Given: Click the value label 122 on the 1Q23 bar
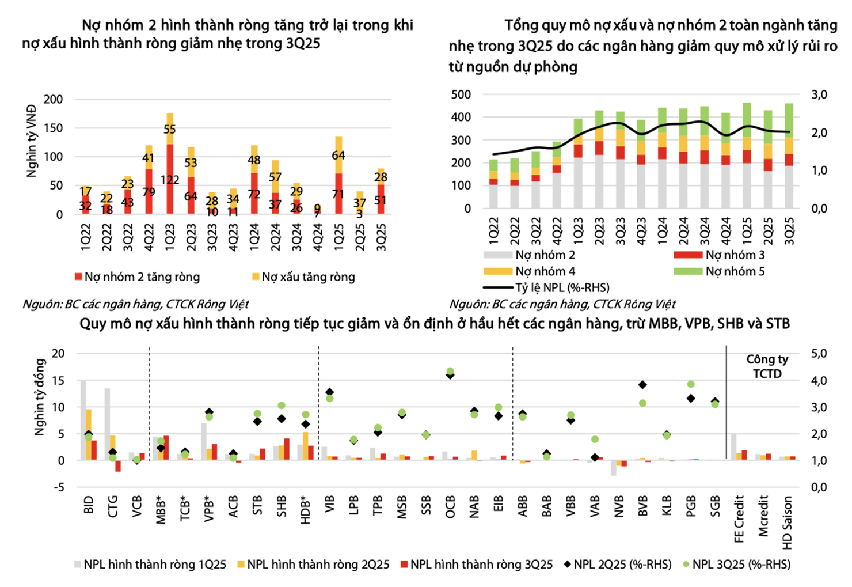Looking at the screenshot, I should [x=170, y=180].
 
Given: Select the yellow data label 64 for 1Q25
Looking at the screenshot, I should [x=338, y=155].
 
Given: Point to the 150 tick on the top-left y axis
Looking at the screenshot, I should [x=54, y=128].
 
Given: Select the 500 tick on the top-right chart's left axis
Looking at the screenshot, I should [x=461, y=94].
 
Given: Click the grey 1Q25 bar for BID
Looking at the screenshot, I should [x=83, y=420].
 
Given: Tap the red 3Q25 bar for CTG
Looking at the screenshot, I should [x=118, y=466].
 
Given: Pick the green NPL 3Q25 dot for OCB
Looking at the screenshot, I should [x=450, y=372].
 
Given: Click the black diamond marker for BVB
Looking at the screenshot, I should [x=642, y=385].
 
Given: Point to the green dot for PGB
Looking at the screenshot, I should [x=691, y=384].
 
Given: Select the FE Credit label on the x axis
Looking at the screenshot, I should [x=740, y=518].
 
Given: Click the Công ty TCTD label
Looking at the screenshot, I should [x=767, y=366].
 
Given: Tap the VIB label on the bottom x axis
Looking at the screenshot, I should [x=330, y=505].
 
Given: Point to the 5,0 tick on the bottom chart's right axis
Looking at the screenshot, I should [x=819, y=354].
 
